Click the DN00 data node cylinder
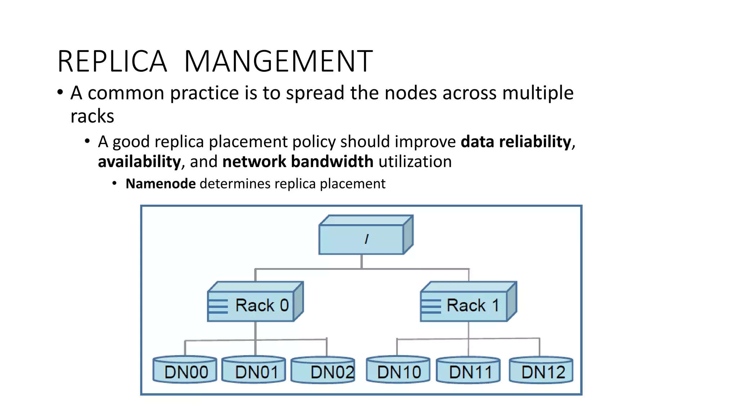[x=185, y=370]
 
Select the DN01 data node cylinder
[x=254, y=370]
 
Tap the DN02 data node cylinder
[x=323, y=370]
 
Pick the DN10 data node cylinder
[x=398, y=370]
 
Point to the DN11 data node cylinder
[x=468, y=370]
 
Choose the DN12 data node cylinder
[x=541, y=370]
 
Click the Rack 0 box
[x=255, y=305]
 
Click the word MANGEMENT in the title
[x=278, y=62]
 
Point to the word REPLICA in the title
[x=112, y=62]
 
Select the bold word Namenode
[x=161, y=184]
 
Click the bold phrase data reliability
[x=516, y=142]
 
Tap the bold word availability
[x=139, y=162]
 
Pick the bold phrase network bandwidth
[x=298, y=162]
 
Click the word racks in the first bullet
[x=92, y=116]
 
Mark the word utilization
[x=415, y=162]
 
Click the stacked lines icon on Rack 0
[x=218, y=306]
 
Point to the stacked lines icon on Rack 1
[x=431, y=306]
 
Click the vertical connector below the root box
[x=361, y=262]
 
